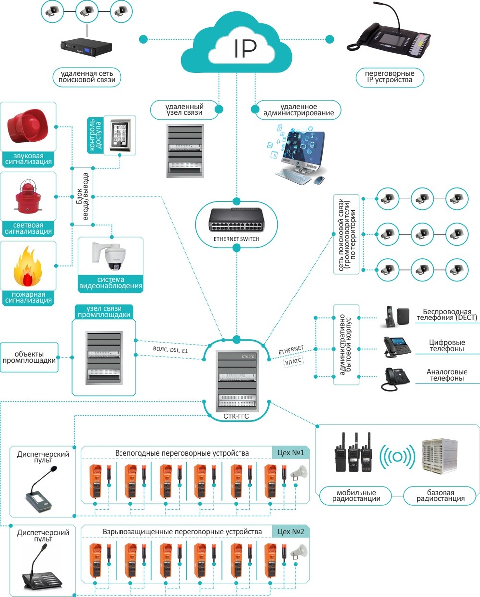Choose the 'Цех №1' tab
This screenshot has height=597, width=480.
click(x=291, y=453)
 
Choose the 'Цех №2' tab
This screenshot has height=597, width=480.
click(x=291, y=531)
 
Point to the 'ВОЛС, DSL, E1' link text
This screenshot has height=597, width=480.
click(x=171, y=351)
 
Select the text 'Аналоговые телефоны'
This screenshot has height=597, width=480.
click(x=445, y=375)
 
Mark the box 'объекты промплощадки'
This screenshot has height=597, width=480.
click(x=29, y=357)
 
